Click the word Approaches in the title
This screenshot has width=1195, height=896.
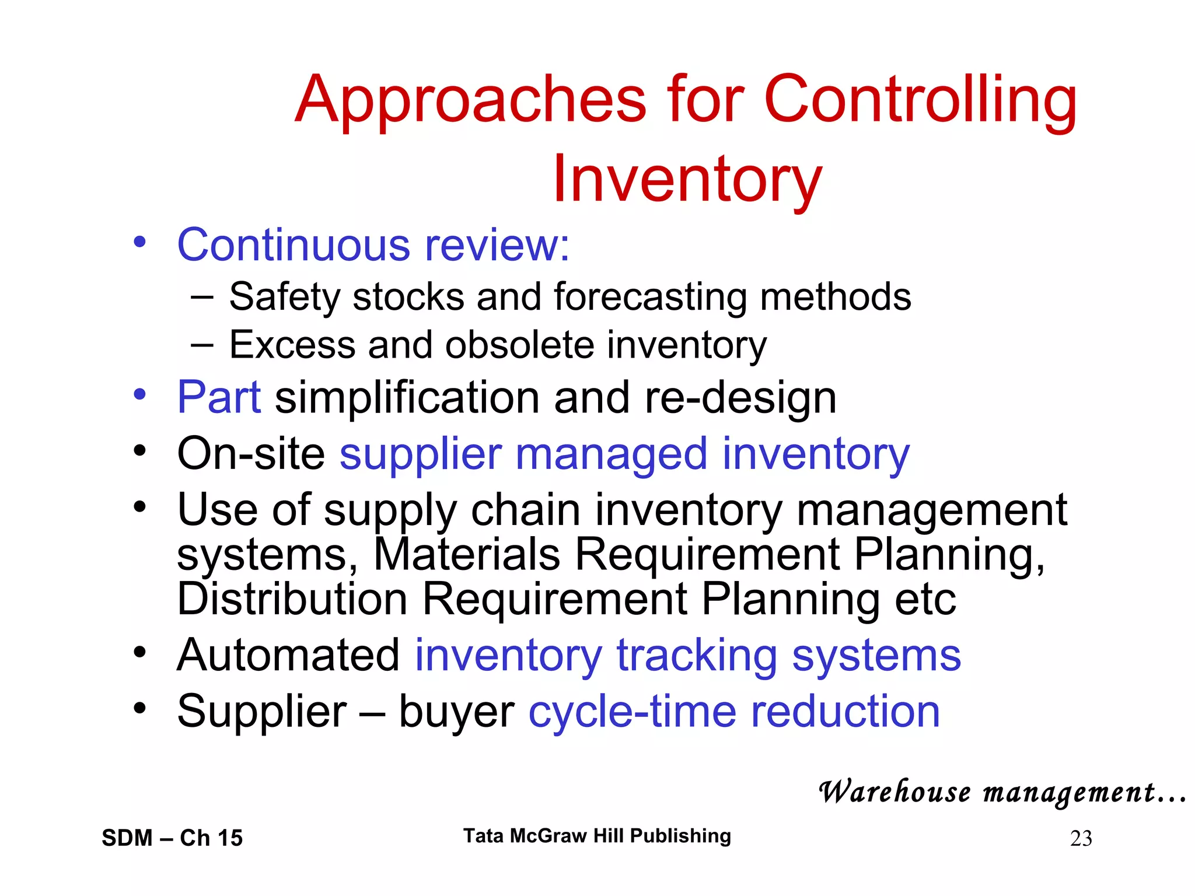tap(470, 100)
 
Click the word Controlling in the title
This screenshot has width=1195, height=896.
tap(920, 100)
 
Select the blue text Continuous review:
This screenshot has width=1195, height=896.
tap(373, 245)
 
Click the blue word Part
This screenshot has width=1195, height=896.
tap(219, 398)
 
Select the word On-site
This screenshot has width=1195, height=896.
tap(251, 454)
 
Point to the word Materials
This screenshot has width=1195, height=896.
tap(466, 554)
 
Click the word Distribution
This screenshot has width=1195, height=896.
tap(292, 600)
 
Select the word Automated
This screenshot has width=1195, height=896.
tap(288, 656)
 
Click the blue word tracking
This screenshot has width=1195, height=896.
tap(697, 656)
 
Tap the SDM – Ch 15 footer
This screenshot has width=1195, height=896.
tap(172, 838)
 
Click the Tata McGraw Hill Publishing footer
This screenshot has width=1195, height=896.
tap(597, 836)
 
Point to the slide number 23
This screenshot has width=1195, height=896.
tap(1081, 839)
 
